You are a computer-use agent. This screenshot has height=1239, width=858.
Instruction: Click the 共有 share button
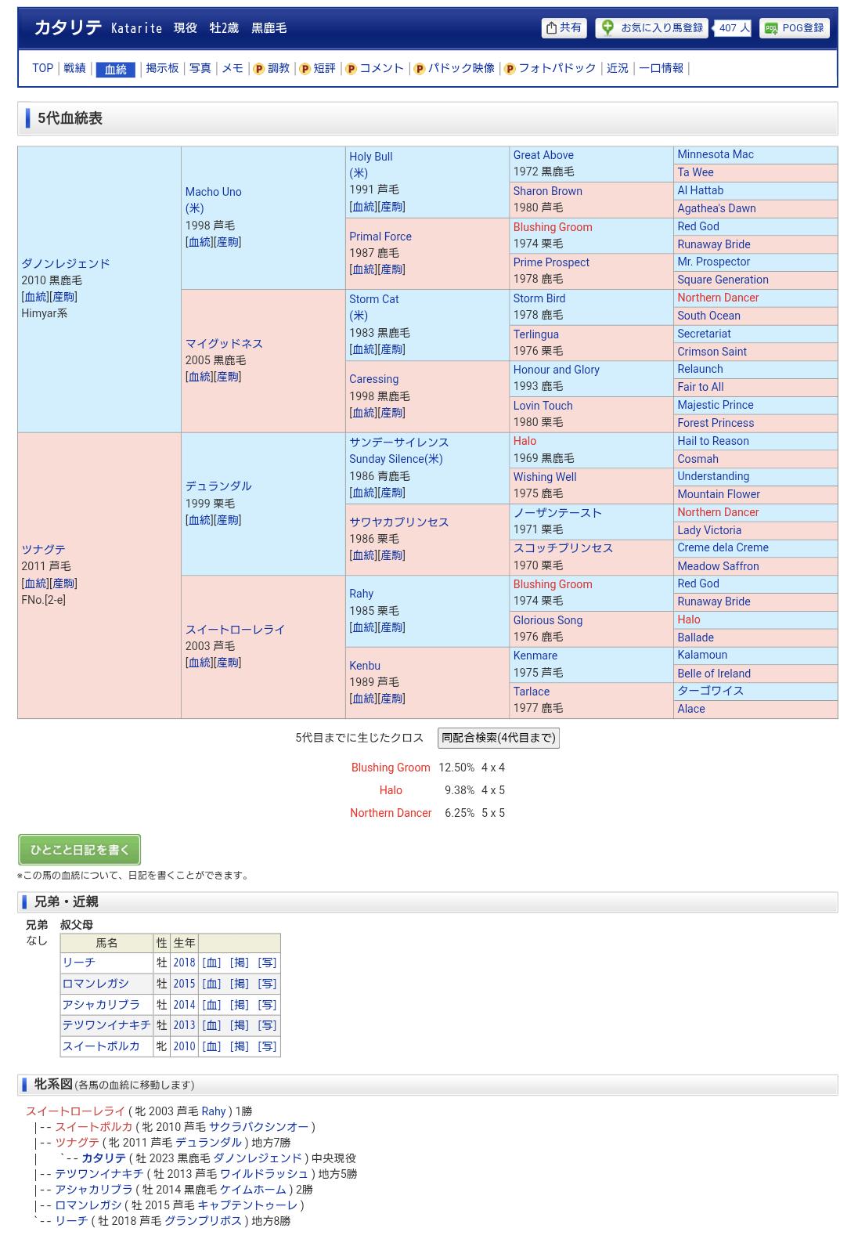564,28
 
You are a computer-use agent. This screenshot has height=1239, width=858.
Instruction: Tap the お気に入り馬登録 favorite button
652,28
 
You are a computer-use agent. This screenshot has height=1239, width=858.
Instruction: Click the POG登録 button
794,28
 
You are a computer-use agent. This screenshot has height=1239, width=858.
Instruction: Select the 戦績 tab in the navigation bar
74,68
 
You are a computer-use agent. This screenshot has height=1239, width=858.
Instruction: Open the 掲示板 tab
162,68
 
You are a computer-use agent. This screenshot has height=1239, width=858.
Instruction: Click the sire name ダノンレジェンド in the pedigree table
66,264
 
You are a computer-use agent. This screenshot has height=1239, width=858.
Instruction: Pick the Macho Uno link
213,192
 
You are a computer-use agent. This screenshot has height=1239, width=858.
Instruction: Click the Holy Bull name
370,157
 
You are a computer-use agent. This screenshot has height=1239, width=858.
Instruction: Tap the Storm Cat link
373,299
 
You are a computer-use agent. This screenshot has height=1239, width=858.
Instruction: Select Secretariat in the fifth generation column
704,334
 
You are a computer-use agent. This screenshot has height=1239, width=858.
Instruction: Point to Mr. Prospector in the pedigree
713,262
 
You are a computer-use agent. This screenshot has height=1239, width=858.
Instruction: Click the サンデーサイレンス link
398,442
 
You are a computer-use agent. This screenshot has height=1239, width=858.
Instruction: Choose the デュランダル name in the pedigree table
218,486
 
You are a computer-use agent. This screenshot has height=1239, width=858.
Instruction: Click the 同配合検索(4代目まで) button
498,738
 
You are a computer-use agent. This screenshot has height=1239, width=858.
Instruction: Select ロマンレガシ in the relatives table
96,984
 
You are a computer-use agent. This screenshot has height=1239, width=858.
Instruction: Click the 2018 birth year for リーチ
184,963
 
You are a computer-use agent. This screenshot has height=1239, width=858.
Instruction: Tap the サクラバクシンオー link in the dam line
258,1127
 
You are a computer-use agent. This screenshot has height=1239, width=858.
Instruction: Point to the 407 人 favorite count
734,28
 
